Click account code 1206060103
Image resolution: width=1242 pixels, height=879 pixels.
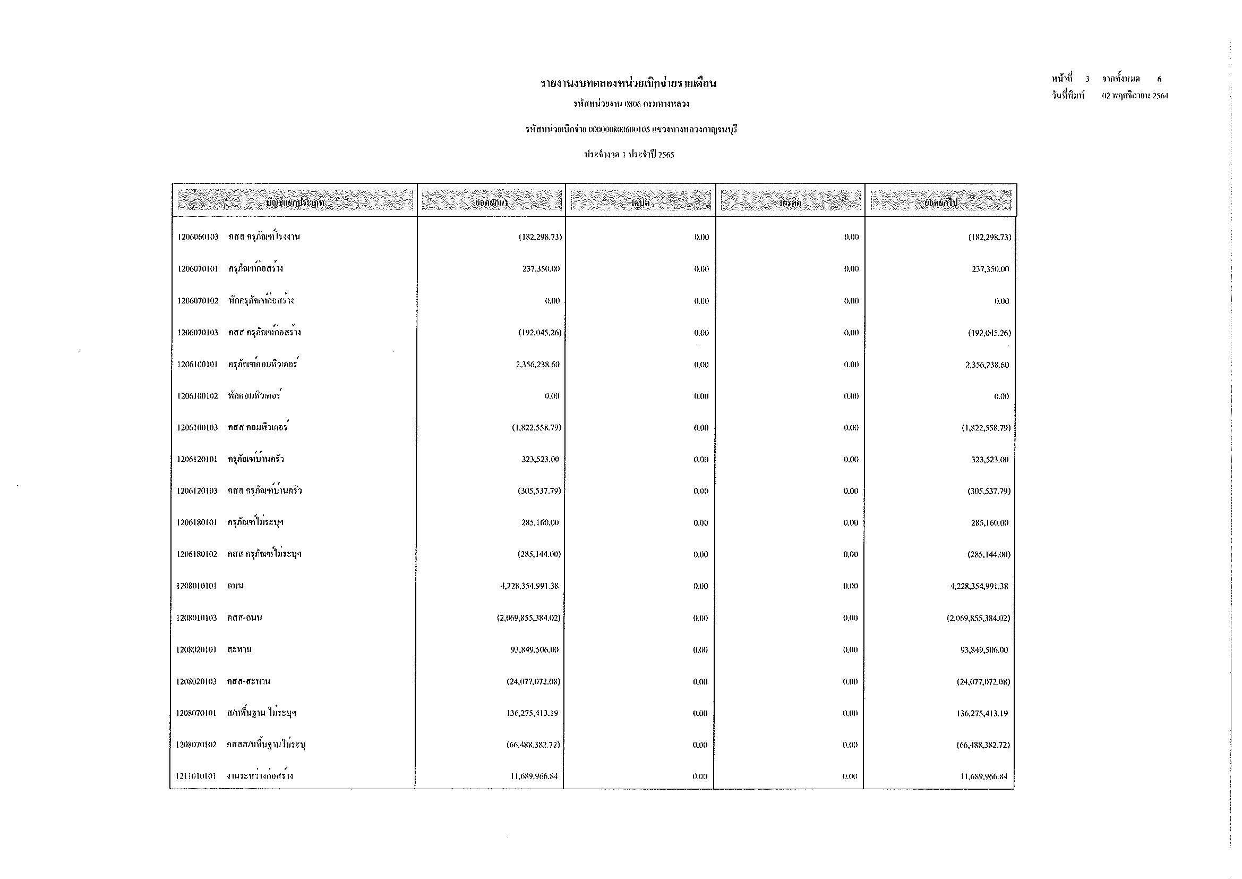tap(198, 237)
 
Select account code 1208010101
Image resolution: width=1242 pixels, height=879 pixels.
tap(196, 586)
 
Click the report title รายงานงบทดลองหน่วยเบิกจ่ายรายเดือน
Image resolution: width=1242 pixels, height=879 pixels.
tap(628, 83)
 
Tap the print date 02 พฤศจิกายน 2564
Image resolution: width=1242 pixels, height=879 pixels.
tap(1135, 96)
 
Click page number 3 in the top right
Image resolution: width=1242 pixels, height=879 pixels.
tap(1087, 79)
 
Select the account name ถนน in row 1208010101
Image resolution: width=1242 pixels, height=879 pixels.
tap(235, 586)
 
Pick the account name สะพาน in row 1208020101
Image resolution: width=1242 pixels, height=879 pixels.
tap(239, 649)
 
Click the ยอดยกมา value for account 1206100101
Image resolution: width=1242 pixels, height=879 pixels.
tap(538, 365)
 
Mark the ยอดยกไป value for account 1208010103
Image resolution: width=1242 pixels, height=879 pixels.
tap(978, 618)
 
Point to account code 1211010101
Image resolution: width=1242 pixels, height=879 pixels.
tap(196, 776)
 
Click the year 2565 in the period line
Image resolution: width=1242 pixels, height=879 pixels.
tap(666, 155)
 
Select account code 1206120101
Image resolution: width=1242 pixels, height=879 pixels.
tap(198, 460)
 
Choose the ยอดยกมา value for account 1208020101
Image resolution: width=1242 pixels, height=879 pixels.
tap(535, 649)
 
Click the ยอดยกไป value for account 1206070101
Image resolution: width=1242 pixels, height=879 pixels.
tap(990, 269)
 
